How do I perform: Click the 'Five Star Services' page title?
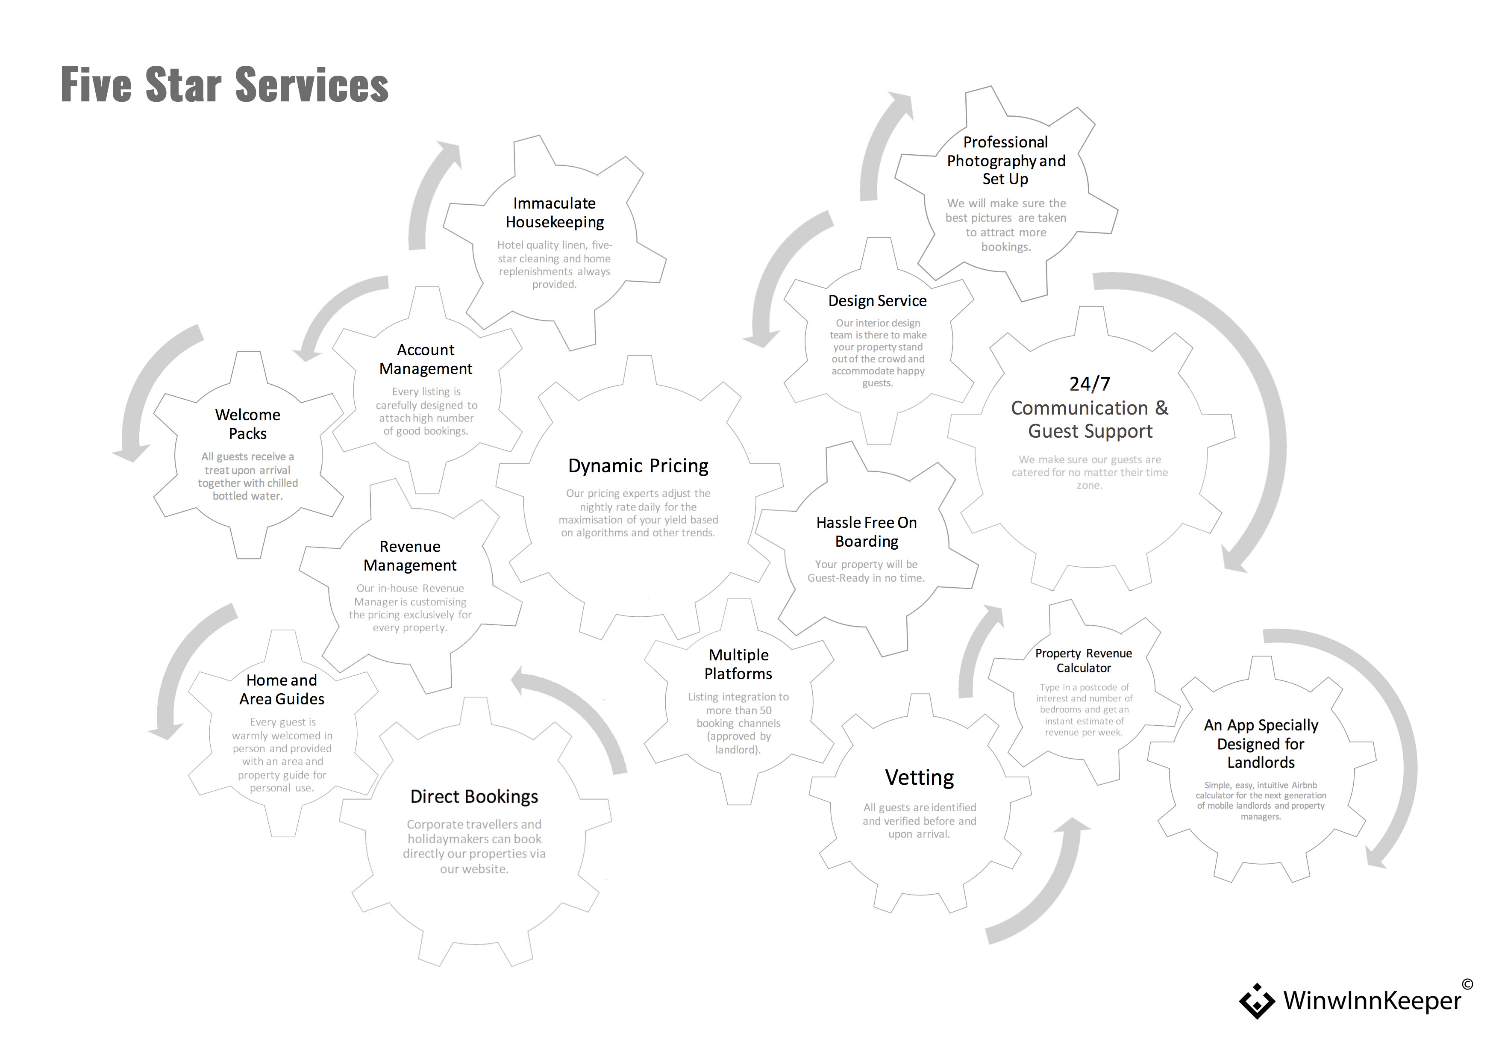pos(225,85)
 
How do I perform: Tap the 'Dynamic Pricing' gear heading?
pos(638,465)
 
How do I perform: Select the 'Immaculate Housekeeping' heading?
pos(554,213)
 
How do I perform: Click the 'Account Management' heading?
pos(426,359)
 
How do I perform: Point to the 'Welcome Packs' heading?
pos(247,424)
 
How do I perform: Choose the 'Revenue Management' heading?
pos(410,556)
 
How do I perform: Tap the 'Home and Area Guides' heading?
pos(282,690)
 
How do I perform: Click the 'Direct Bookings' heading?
pos(474,797)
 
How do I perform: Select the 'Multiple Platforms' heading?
pos(738,664)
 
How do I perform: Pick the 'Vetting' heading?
pos(919,777)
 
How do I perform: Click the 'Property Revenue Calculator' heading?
pos(1084,660)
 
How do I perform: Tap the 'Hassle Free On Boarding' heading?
pos(866,532)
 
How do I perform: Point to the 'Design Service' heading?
pos(877,301)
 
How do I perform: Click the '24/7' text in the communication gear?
pos(1090,383)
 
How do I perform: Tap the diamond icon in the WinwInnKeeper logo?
pos(1257,1001)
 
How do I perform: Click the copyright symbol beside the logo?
pos(1467,984)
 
